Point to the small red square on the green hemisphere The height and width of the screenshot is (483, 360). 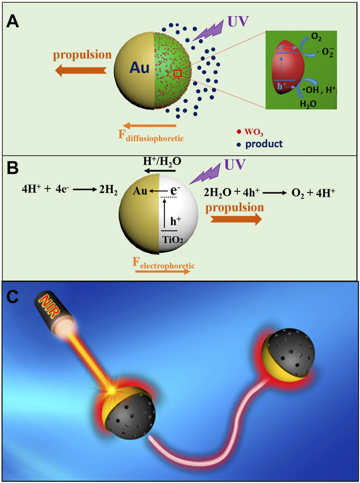pyautogui.click(x=177, y=74)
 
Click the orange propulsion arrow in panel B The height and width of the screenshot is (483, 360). pyautogui.click(x=236, y=219)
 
